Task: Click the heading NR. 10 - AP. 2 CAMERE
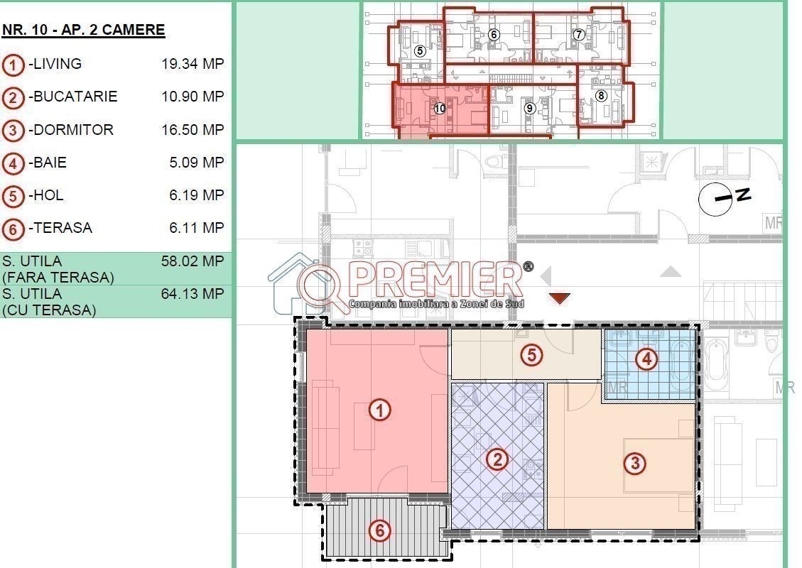pyautogui.click(x=83, y=30)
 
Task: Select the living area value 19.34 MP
pyautogui.click(x=193, y=64)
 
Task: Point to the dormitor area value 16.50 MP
pyautogui.click(x=193, y=130)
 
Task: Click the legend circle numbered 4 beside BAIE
pyautogui.click(x=13, y=163)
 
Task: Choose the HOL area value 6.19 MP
pyautogui.click(x=196, y=195)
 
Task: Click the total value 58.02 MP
pyautogui.click(x=193, y=261)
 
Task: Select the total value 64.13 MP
pyautogui.click(x=193, y=294)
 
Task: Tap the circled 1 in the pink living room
pyautogui.click(x=379, y=410)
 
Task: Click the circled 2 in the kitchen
pyautogui.click(x=497, y=459)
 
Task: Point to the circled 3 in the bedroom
pyautogui.click(x=635, y=463)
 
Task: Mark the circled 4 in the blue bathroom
pyautogui.click(x=646, y=359)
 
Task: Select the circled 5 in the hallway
pyautogui.click(x=531, y=355)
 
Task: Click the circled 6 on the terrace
pyautogui.click(x=379, y=530)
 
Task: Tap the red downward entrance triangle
pyautogui.click(x=560, y=298)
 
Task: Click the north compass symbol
pyautogui.click(x=722, y=198)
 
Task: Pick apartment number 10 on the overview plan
pyautogui.click(x=440, y=109)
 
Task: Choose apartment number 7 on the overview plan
pyautogui.click(x=578, y=35)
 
